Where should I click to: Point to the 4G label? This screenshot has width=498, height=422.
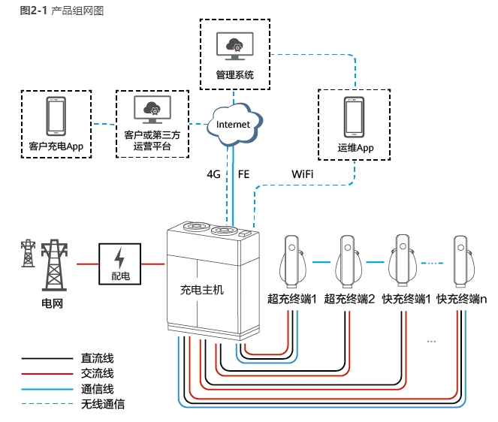pos(214,173)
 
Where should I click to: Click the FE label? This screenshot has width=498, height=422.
pos(243,173)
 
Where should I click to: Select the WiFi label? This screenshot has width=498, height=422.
pos(303,173)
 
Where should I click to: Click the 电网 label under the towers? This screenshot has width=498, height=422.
pos(52,303)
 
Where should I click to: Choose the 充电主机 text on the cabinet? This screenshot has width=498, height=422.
pos(203,288)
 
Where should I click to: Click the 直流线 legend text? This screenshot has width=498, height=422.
pos(97,359)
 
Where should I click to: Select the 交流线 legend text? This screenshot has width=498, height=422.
pos(97,373)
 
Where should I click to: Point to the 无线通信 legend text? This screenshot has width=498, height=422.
pos(102,404)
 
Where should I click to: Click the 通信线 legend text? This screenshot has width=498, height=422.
pos(97,389)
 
